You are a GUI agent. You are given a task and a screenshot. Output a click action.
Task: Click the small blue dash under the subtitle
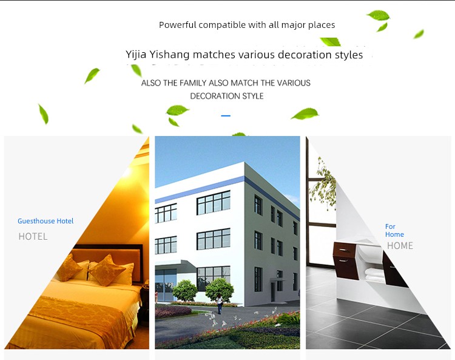tap(226, 115)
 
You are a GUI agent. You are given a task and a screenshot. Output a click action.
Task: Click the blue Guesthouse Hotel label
tap(45, 221)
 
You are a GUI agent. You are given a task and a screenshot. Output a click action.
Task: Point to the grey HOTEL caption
tap(33, 236)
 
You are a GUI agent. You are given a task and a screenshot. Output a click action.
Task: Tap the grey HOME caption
tap(400, 246)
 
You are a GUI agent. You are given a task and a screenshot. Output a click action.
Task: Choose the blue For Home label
tap(394, 230)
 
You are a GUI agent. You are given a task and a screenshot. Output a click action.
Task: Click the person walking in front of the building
tap(220, 304)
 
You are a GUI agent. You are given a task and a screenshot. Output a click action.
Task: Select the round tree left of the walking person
tap(185, 290)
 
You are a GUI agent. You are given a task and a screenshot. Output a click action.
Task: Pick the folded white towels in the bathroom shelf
tap(374, 274)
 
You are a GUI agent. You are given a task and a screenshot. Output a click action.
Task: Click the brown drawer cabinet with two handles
tap(346, 260)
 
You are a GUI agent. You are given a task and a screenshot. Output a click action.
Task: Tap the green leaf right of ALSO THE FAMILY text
tap(305, 114)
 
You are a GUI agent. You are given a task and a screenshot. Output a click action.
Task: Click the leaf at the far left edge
tap(44, 114)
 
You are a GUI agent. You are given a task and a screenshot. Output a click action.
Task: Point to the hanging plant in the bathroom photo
tap(323, 183)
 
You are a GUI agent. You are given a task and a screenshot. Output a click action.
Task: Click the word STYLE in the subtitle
tap(253, 96)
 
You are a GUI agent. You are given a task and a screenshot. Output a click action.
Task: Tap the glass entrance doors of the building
tap(166, 280)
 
